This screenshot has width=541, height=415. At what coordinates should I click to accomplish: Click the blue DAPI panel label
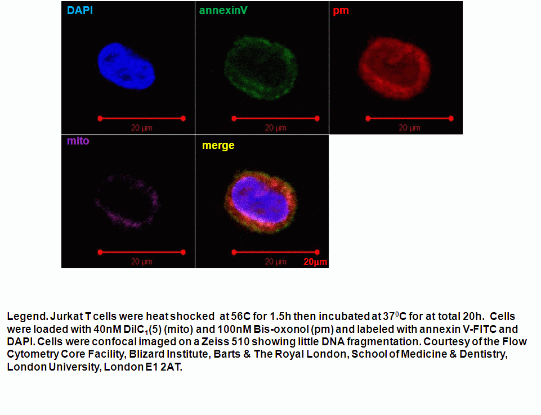pos(80,10)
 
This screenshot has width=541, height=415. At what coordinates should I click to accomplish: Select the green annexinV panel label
pos(223,10)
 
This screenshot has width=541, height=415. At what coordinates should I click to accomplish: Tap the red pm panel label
pos(341,11)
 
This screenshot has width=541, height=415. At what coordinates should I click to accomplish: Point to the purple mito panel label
pos(78,141)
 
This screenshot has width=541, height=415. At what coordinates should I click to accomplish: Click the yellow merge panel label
pos(218,146)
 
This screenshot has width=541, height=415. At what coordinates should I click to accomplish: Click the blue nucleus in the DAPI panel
pos(126,66)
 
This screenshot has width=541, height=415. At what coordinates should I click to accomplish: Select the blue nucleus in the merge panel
pos(260,200)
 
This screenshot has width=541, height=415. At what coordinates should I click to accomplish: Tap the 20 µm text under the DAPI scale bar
pos(141,128)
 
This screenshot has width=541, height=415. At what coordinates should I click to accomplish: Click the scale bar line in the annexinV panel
pos(276,119)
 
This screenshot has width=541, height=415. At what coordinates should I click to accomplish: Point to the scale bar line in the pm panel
pos(409,119)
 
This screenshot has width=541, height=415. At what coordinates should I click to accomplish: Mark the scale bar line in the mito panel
pos(141,252)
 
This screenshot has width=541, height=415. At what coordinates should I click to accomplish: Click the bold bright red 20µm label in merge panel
pos(315,262)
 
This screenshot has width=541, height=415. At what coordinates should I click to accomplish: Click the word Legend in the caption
pos(27,317)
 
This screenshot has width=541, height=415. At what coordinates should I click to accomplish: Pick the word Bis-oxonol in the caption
pos(281,329)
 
